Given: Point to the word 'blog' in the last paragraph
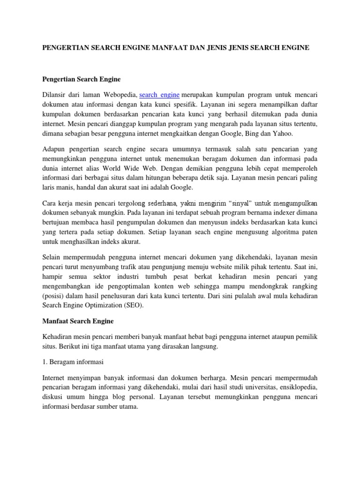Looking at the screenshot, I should point(127,397).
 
